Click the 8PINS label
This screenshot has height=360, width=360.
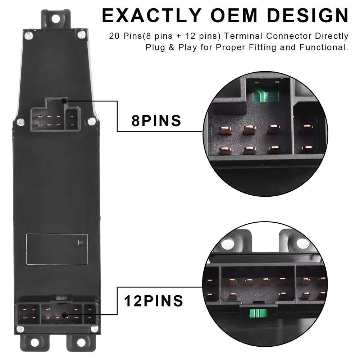click(156, 120)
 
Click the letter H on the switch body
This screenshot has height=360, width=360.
click(80, 243)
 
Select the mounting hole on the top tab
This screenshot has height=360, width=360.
click(55, 17)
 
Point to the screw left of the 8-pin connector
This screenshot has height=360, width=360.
click(21, 122)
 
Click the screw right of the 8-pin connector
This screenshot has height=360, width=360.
click(91, 121)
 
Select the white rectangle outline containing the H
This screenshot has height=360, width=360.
click(52, 249)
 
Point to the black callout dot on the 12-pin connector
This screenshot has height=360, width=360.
click(64, 315)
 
